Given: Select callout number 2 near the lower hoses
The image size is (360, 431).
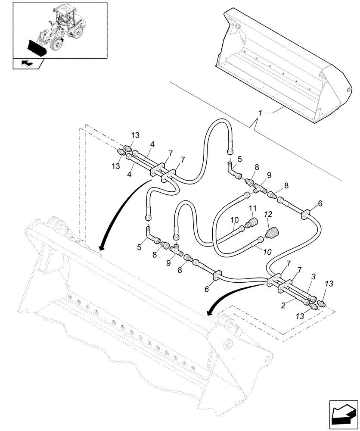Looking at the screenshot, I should click(282, 305).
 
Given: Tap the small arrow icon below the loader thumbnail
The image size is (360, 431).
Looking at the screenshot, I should click(27, 64).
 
